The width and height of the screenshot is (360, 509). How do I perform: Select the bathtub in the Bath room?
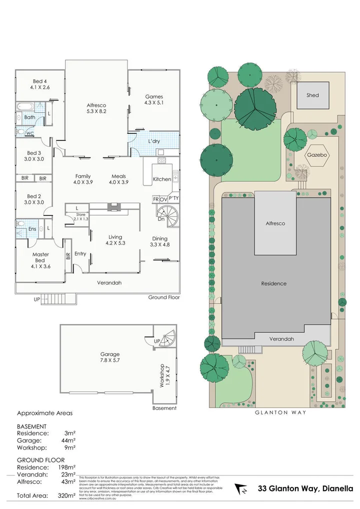click(24, 107)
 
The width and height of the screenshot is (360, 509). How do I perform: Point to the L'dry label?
click(154, 142)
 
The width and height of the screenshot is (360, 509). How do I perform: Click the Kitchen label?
click(161, 179)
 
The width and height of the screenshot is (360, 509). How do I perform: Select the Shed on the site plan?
click(312, 95)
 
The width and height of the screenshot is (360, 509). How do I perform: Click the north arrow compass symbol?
click(241, 488)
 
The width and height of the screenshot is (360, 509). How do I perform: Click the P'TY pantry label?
click(173, 198)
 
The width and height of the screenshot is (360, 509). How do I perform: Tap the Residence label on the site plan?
click(274, 283)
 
